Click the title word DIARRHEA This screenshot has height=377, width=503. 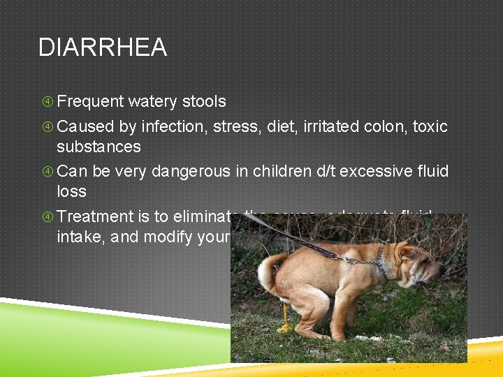pyautogui.click(x=103, y=47)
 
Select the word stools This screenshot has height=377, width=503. pyautogui.click(x=203, y=102)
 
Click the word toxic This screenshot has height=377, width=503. pyautogui.click(x=430, y=126)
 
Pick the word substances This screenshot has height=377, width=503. pyautogui.click(x=99, y=147)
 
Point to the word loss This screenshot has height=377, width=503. pyautogui.click(x=71, y=192)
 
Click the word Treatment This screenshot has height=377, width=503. pyautogui.click(x=92, y=217)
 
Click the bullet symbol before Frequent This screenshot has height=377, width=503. pyautogui.click(x=47, y=102)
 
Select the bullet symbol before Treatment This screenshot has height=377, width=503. pyautogui.click(x=47, y=217)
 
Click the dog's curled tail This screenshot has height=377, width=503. pyautogui.click(x=267, y=269)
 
